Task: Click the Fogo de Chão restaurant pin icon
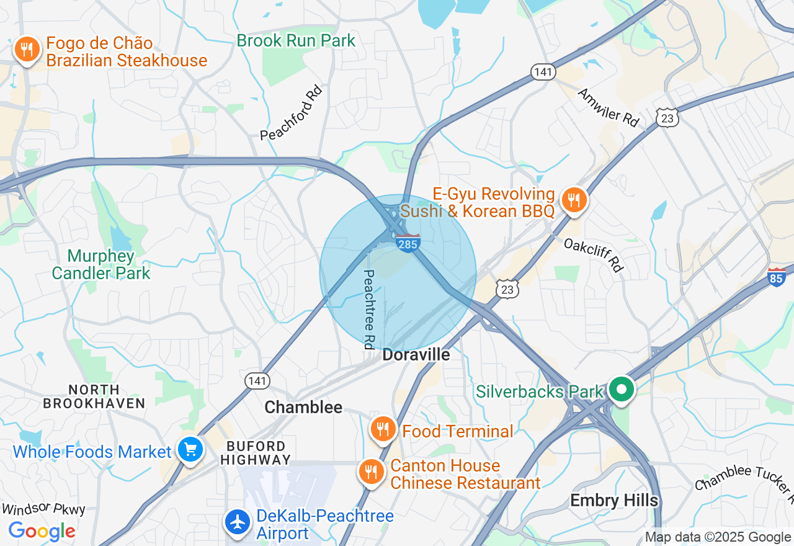pyautogui.click(x=27, y=49)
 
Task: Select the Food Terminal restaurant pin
pyautogui.click(x=383, y=429)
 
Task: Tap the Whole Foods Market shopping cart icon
pyautogui.click(x=189, y=450)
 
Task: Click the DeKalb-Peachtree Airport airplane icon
pyautogui.click(x=238, y=522)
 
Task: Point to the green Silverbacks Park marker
pyautogui.click(x=621, y=390)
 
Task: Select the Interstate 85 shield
pyautogui.click(x=777, y=276)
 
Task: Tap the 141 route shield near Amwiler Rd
pyautogui.click(x=542, y=72)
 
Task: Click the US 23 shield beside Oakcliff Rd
pyautogui.click(x=507, y=289)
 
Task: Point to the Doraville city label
pyautogui.click(x=416, y=355)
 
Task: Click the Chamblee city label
pyautogui.click(x=303, y=407)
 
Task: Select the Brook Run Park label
pyautogui.click(x=296, y=41)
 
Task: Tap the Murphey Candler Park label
pyautogui.click(x=101, y=264)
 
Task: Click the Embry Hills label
pyautogui.click(x=614, y=500)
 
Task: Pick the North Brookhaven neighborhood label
pyautogui.click(x=94, y=396)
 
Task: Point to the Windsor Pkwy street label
pyautogui.click(x=43, y=509)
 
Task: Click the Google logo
pyautogui.click(x=42, y=531)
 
